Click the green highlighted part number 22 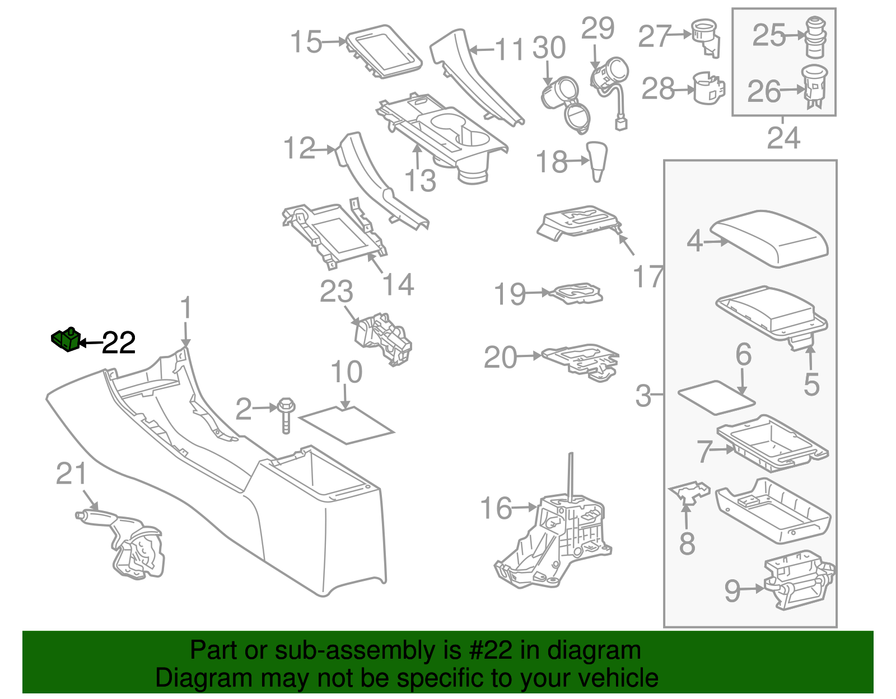tap(66, 339)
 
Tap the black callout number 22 tap(119, 343)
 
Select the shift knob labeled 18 tap(598, 161)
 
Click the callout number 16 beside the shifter tap(496, 508)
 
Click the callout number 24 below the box tap(783, 137)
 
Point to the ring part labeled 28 tap(708, 88)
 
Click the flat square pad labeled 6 tap(716, 397)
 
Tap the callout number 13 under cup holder tap(420, 180)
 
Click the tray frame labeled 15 tap(384, 51)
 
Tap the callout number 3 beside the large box tap(643, 395)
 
